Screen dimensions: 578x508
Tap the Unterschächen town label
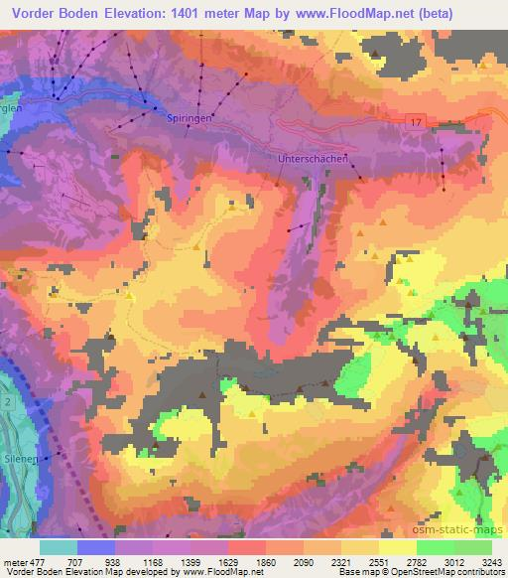coord(309,159)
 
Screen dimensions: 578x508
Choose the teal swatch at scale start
coord(59,547)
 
